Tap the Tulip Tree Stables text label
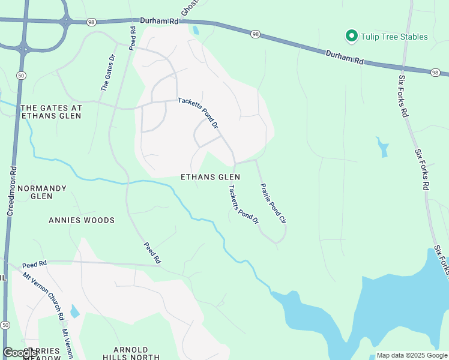point(394,37)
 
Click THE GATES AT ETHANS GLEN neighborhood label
point(51,112)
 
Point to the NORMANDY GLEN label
point(41,192)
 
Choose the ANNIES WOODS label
point(82,220)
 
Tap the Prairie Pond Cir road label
point(273,203)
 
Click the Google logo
point(20,353)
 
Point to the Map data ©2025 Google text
point(411,355)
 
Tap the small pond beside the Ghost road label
point(196,30)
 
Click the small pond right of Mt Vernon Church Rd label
point(74,311)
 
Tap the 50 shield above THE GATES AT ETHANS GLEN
point(22,75)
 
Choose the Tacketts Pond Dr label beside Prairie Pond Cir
point(243,204)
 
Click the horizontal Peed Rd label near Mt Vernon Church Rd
point(34,265)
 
